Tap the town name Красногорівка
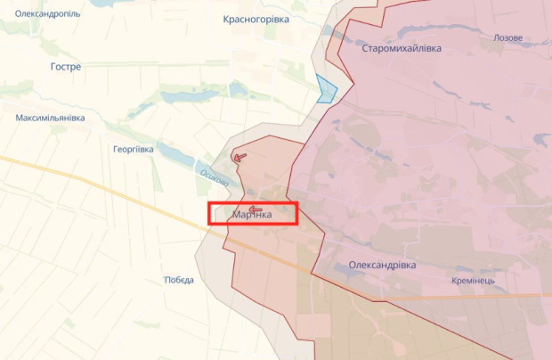click(256, 19)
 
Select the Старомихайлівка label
click(402, 48)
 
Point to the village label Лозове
click(507, 39)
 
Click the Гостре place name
click(66, 67)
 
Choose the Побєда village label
click(178, 280)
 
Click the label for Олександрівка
click(382, 266)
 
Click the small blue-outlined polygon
click(326, 89)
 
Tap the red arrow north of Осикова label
click(239, 157)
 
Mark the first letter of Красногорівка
click(225, 19)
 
